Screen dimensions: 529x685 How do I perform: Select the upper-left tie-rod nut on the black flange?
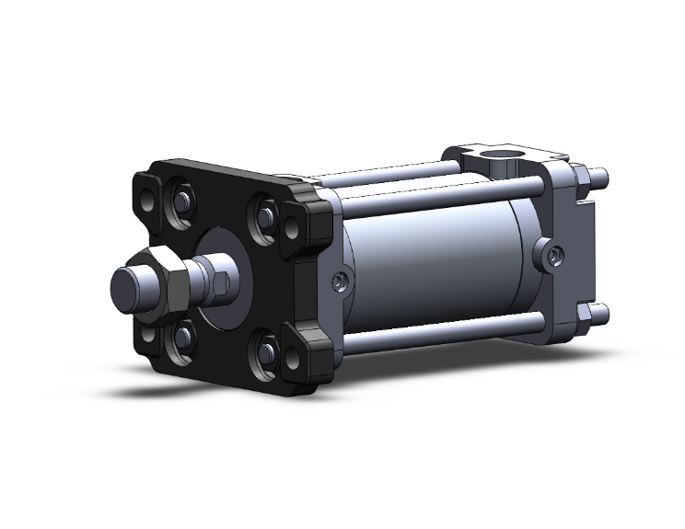pyautogui.click(x=182, y=200)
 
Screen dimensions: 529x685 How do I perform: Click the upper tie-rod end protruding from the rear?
pyautogui.click(x=598, y=176)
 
